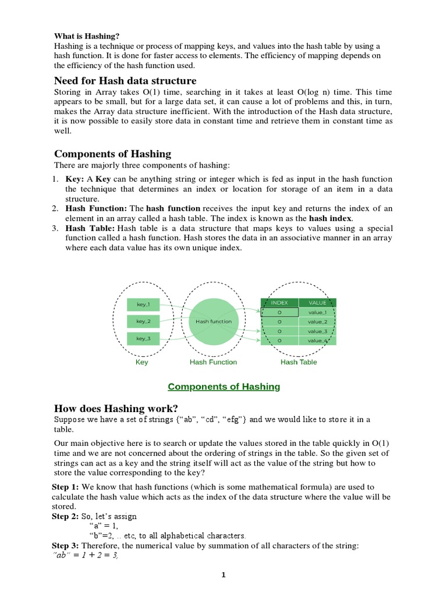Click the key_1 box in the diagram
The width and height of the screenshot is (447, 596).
(x=143, y=304)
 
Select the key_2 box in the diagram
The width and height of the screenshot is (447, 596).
(x=143, y=321)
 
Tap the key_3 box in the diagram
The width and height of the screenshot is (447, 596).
(x=143, y=338)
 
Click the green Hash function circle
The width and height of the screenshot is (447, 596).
(x=214, y=321)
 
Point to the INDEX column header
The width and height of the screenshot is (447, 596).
(x=279, y=303)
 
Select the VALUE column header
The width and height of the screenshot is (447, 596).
(x=317, y=303)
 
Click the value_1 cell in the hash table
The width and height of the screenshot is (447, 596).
(x=317, y=313)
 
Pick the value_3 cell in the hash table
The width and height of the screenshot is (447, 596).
(x=317, y=331)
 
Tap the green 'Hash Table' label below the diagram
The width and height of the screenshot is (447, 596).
(x=298, y=362)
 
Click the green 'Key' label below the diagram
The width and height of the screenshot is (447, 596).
(x=141, y=362)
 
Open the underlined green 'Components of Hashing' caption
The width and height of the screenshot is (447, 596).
(x=223, y=386)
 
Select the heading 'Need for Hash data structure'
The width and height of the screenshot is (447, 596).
(x=125, y=80)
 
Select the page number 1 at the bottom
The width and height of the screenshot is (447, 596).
(x=223, y=576)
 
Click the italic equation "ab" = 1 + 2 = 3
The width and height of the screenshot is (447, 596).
(x=86, y=555)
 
